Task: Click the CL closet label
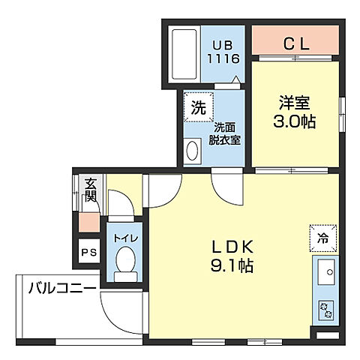(x=295, y=43)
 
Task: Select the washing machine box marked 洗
(x=197, y=106)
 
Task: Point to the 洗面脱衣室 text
(x=224, y=133)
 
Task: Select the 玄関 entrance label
(x=90, y=190)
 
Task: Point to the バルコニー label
(x=63, y=287)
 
